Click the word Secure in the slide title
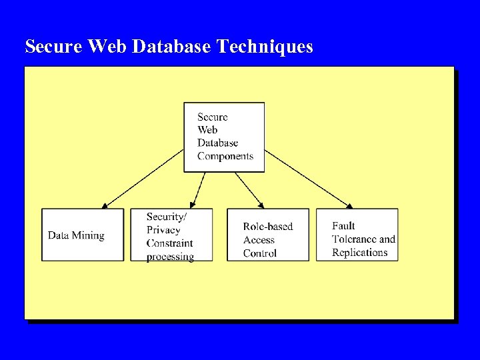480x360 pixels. pos(54,47)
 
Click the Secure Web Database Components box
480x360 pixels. pos(224,137)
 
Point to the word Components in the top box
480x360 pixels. pos(225,157)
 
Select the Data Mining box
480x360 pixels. pos(83,235)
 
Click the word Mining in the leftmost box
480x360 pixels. pos(89,235)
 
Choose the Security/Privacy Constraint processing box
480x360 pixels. pos(179,235)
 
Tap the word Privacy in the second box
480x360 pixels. pos(163,230)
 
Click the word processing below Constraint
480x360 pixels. pos(170,257)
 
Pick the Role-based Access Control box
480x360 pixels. pos(268,235)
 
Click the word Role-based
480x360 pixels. pos(267,227)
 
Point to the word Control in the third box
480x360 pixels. pos(260,253)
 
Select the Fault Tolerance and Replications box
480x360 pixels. pos(357,235)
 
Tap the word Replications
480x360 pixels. pos(359,253)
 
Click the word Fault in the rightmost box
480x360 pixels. pos(343,226)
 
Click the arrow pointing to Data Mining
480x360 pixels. pos(143,178)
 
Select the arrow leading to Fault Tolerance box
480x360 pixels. pos(308,178)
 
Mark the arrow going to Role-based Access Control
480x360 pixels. pos(250,189)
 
